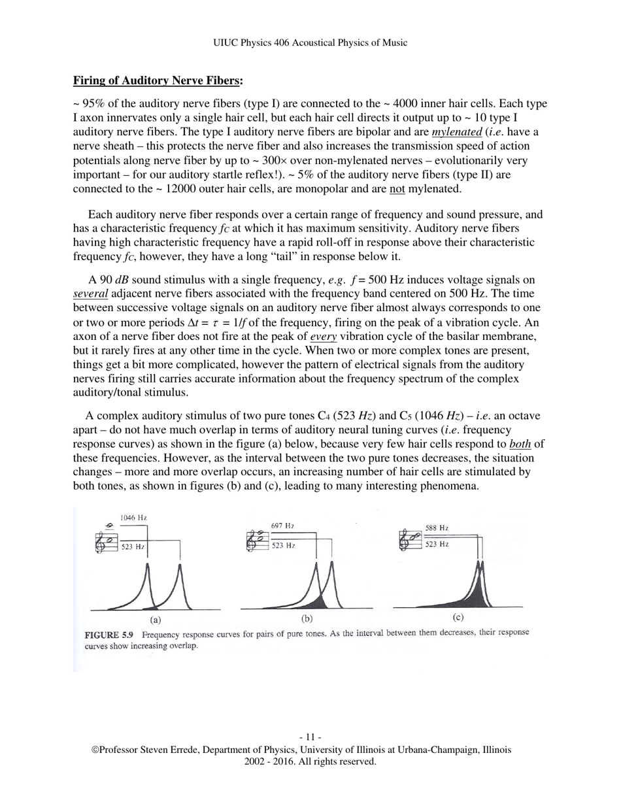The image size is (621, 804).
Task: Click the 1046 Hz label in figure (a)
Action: (x=133, y=518)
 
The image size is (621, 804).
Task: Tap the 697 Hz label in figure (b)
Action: (x=282, y=526)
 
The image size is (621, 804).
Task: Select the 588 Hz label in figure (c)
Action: (x=437, y=528)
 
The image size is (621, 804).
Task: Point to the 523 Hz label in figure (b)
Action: (x=284, y=544)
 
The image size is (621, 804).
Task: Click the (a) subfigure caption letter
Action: (x=156, y=620)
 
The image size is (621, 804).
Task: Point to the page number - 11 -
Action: (x=310, y=737)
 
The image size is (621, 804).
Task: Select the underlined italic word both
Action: (x=520, y=444)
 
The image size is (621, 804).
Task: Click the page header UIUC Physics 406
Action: (x=310, y=43)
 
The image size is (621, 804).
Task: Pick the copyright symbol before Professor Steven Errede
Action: (x=95, y=750)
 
